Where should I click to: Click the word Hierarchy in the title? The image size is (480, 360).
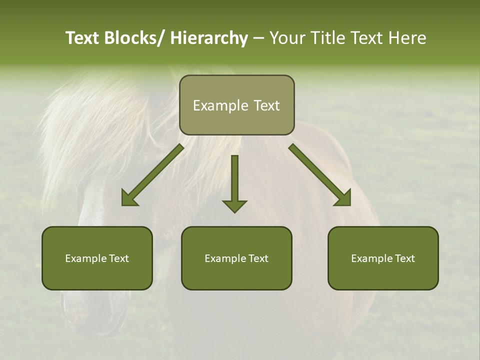point(209,38)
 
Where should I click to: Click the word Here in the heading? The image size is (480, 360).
point(407,38)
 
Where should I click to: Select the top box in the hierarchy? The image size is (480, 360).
point(236,105)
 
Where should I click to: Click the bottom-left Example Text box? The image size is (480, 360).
point(97,258)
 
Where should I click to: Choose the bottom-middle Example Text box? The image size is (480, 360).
point(236,258)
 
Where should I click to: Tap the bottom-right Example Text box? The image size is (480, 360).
point(383,258)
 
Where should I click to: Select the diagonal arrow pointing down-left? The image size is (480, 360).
point(153,175)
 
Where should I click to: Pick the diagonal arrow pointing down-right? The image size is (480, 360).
point(320,175)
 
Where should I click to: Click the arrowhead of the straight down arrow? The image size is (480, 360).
point(234,205)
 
